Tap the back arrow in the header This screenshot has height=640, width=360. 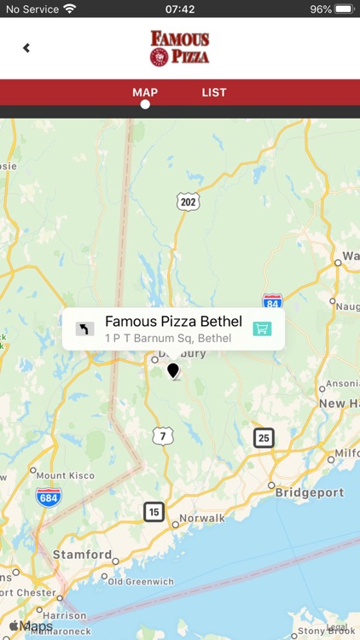coord(26,48)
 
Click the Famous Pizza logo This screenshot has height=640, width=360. coord(179,48)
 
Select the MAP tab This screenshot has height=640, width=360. coord(145,93)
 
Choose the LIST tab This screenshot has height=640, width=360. coord(214,93)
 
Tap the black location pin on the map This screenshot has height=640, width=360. coord(173,370)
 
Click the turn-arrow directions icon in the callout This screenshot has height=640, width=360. coord(84,329)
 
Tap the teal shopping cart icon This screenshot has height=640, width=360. coord(262,329)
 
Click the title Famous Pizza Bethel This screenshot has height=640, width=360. coord(173,322)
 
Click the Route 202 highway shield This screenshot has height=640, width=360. coord(189,201)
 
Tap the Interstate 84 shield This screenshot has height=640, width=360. coord(272,301)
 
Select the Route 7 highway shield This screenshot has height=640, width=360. coord(162,436)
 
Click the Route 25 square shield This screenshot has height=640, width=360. coord(264,438)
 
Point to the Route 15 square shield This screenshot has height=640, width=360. coord(154,511)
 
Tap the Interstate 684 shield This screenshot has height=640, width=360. coord(48,497)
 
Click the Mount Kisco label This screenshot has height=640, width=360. coord(65,475)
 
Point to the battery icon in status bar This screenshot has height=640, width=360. coord(344,9)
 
